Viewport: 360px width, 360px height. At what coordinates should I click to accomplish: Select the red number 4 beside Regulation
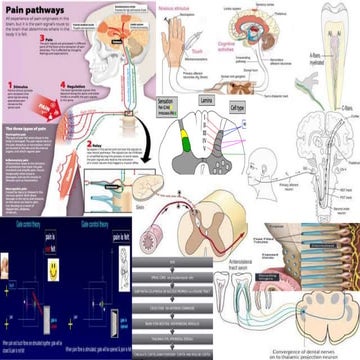tap(65, 87)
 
